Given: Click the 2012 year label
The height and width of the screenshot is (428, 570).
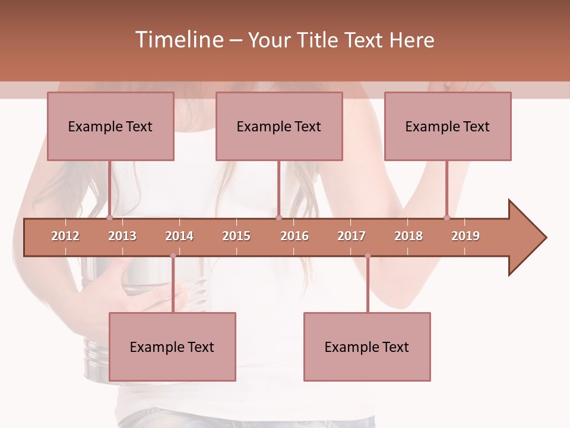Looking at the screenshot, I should tap(65, 236).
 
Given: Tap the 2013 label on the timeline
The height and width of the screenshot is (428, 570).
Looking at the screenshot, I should tap(122, 236).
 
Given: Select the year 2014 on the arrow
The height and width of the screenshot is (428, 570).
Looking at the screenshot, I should tap(179, 236).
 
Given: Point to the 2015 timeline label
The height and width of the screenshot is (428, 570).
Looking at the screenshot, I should tap(236, 236).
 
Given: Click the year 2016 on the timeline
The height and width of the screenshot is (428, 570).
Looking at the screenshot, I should tap(294, 236).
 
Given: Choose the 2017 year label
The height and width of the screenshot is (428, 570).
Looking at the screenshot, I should tap(351, 236).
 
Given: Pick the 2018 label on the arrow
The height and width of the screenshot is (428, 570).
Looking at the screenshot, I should tap(408, 236).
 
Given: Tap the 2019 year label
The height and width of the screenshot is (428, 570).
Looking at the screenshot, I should tap(465, 236).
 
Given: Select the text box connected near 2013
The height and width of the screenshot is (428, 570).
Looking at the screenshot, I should tap(110, 126).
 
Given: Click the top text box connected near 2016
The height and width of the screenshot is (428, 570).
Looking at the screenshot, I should tap(279, 126).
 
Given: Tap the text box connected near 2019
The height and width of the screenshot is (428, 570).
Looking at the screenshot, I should tap(448, 126).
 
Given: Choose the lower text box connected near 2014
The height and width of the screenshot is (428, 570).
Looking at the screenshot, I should tap(172, 347).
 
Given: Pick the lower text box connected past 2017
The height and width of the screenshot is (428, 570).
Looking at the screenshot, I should tap(367, 347).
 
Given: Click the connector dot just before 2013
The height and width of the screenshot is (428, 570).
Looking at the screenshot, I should tap(110, 218).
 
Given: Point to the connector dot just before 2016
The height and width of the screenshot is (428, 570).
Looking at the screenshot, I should tap(278, 218).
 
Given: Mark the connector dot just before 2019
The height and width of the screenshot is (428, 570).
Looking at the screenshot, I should tap(447, 218).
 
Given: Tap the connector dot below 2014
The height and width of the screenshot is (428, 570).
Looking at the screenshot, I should tap(173, 256).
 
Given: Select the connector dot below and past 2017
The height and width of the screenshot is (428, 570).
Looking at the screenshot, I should tap(368, 256).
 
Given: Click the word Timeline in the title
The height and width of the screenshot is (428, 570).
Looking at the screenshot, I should tap(178, 40).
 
